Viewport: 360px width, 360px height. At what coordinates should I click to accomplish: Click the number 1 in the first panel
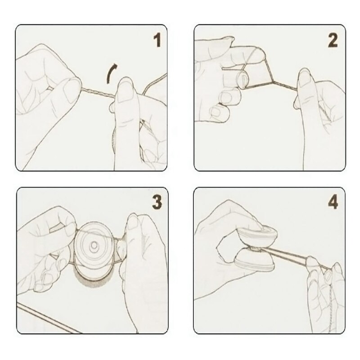pyautogui.click(x=157, y=40)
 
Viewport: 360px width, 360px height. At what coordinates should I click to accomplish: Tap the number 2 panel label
pyautogui.click(x=333, y=40)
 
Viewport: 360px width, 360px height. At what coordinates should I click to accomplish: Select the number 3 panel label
pyautogui.click(x=157, y=202)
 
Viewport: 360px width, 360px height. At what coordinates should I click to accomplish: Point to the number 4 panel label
pyautogui.click(x=333, y=202)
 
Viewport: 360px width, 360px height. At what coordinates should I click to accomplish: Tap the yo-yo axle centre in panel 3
pyautogui.click(x=94, y=245)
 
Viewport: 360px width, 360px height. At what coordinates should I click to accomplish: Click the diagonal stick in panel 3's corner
pyautogui.click(x=49, y=318)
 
